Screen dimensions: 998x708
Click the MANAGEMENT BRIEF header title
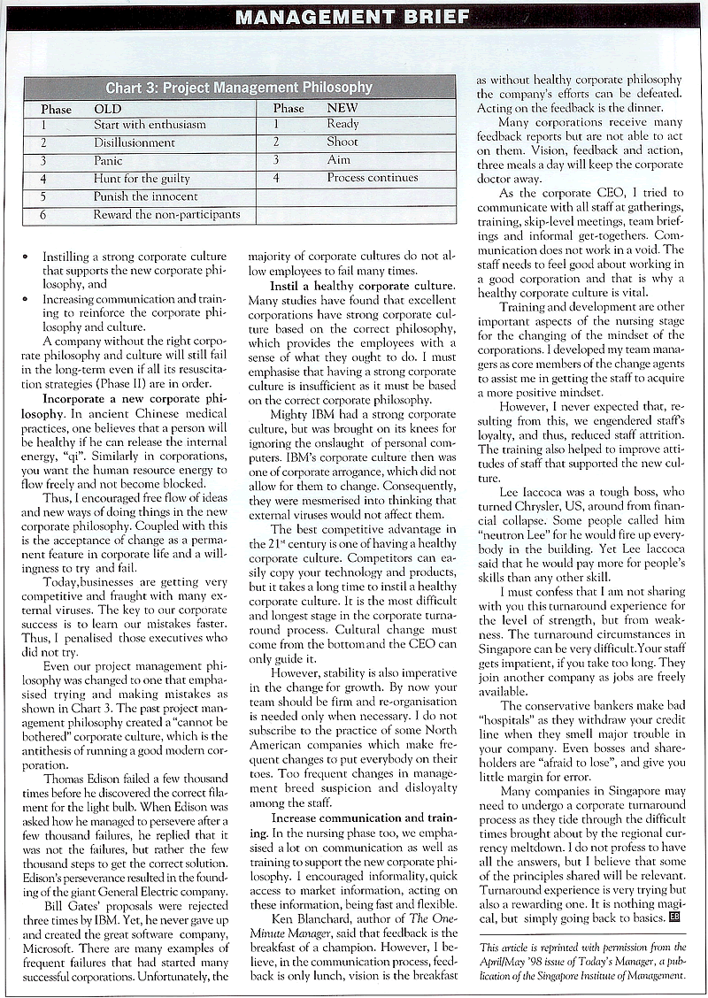354,16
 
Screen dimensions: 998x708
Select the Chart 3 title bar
239,88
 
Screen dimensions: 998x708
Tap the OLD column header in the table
107,108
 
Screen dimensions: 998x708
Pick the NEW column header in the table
342,108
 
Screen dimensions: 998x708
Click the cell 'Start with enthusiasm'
150,125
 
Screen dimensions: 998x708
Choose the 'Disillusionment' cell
135,142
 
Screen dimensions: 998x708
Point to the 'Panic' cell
109,160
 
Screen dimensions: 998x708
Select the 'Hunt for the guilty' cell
142,178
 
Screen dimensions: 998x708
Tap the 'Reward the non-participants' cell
166,214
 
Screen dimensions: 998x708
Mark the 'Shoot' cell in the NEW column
342,142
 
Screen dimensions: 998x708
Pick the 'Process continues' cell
372,178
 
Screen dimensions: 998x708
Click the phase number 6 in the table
43,214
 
